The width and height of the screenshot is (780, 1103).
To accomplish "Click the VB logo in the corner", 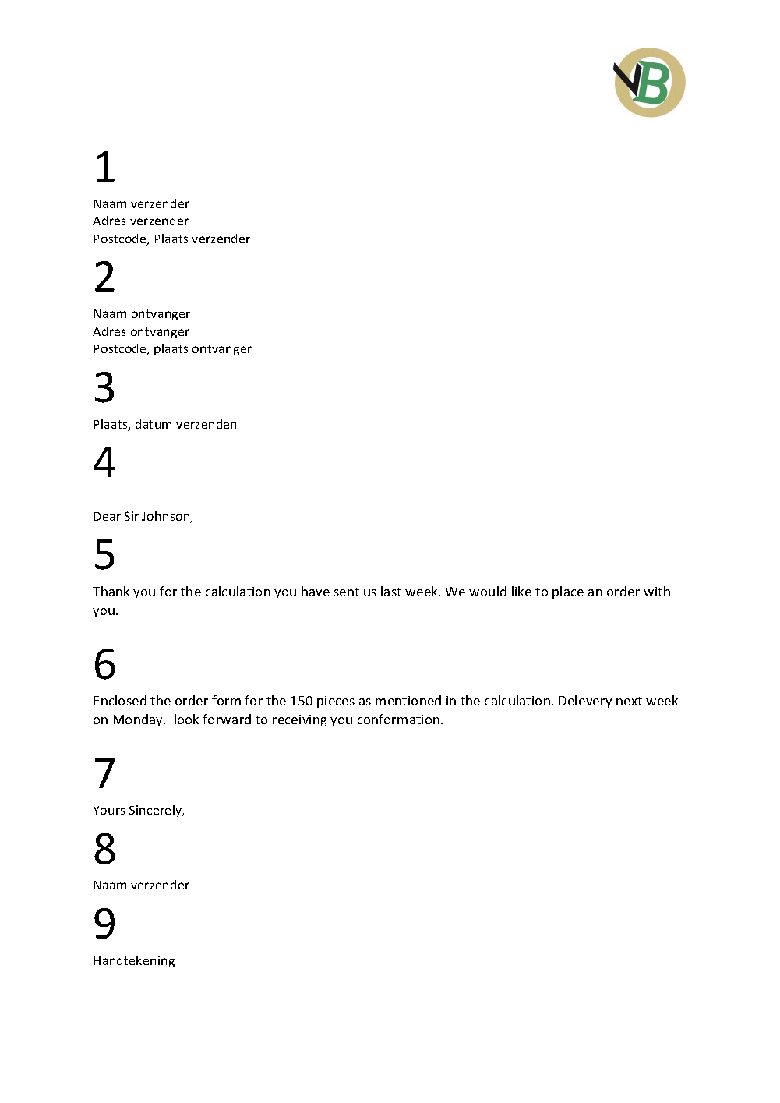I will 649,83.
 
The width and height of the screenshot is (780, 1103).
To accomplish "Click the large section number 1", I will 105,167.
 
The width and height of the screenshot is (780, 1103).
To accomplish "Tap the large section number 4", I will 104,462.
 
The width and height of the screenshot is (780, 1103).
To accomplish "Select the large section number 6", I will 104,664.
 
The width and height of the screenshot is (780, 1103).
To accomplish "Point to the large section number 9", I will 104,924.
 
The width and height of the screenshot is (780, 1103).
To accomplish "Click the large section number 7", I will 104,773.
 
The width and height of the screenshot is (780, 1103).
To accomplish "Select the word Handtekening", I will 134,961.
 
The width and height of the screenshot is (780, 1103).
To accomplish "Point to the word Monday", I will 138,719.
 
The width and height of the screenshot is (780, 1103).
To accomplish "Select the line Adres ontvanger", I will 141,331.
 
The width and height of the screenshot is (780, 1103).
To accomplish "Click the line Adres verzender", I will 141,221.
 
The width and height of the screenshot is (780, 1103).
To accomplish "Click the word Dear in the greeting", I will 107,517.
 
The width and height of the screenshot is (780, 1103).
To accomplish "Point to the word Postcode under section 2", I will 121,349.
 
